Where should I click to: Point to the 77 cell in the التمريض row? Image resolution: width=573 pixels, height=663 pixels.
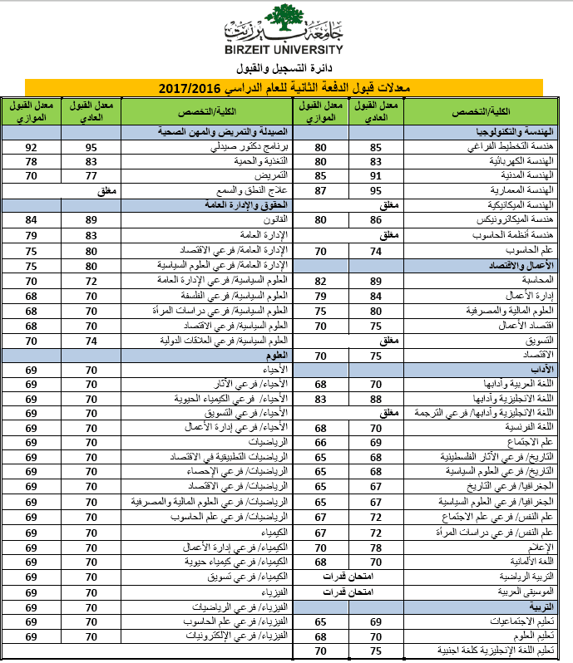click(x=92, y=175)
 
